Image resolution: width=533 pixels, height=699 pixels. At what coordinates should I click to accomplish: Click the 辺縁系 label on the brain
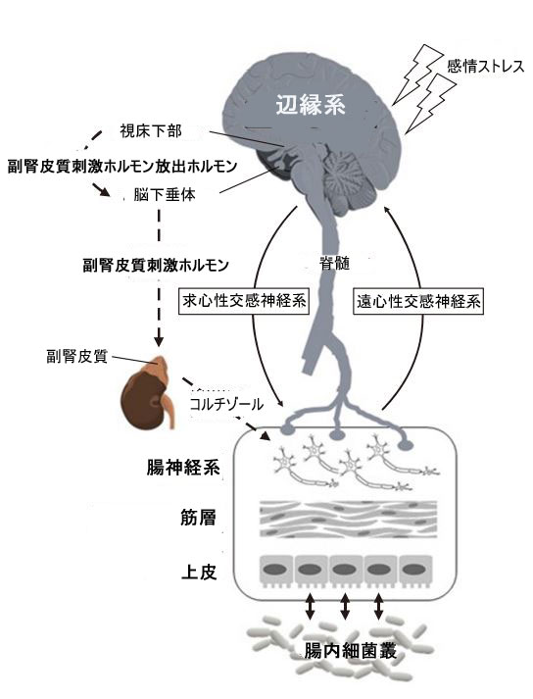pos(311,105)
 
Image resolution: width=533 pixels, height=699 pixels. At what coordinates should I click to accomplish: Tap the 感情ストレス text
pos(485,67)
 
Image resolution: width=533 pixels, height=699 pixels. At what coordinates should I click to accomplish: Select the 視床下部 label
pos(151,131)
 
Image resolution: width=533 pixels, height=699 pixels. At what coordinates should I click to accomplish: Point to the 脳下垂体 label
pos(165,195)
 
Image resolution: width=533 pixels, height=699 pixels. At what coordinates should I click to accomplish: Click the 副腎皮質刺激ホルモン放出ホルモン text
pos(122,167)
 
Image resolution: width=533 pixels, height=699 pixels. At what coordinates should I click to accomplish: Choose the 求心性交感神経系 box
pos(244,302)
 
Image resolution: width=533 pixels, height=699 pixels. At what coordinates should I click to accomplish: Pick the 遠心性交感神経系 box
pos(418,302)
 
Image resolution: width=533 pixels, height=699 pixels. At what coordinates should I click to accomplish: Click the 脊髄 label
pos(335,264)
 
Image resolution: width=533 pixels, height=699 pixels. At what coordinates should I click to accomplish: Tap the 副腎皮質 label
pos(77,357)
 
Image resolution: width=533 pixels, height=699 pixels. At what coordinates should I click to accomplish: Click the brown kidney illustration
pos(148,392)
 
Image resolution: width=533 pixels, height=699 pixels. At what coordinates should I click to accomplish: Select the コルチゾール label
pos(226,404)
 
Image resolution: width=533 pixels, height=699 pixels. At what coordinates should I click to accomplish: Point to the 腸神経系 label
pos(183,468)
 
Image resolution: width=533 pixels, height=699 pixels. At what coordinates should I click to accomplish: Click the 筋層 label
pos(198,518)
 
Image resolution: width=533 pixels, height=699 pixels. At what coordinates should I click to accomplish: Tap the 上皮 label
pos(199,572)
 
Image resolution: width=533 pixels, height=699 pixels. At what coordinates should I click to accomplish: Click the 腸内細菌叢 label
pos(351,651)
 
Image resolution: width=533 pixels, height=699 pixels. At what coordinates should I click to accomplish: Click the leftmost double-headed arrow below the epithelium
pos(311,606)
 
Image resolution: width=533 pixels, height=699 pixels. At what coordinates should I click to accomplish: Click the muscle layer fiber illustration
pos(348,520)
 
